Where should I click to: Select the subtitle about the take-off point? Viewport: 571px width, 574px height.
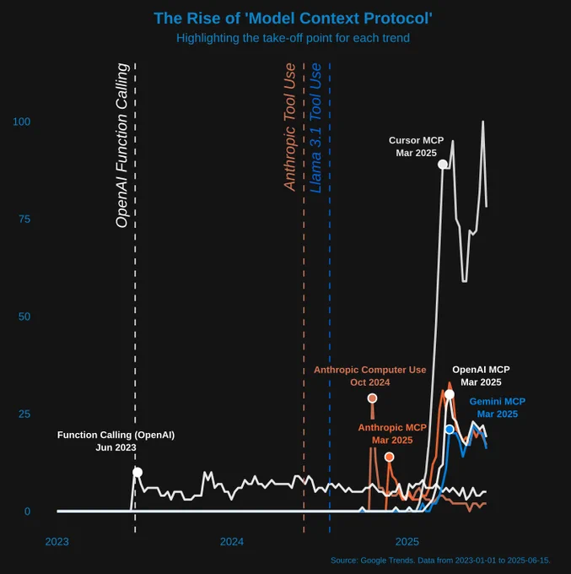pyautogui.click(x=294, y=38)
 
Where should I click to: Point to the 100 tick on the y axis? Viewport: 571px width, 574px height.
pyautogui.click(x=22, y=122)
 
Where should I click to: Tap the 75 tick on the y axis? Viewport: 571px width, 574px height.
pyautogui.click(x=24, y=219)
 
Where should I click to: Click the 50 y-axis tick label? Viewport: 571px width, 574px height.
pyautogui.click(x=24, y=317)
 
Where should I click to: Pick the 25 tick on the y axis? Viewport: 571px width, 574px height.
pyautogui.click(x=24, y=414)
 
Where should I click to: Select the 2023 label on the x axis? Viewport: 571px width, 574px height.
pyautogui.click(x=57, y=541)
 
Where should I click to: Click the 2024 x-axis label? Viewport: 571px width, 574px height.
pyautogui.click(x=231, y=541)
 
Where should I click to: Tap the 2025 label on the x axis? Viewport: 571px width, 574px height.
pyautogui.click(x=407, y=541)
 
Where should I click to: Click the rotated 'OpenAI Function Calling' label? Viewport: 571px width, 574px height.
pyautogui.click(x=121, y=145)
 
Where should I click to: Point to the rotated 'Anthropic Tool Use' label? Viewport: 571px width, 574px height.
pyautogui.click(x=289, y=127)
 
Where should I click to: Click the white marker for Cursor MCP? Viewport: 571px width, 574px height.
pyautogui.click(x=443, y=164)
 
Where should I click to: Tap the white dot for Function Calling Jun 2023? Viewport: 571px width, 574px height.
pyautogui.click(x=137, y=472)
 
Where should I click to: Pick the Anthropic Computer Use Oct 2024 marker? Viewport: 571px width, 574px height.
pyautogui.click(x=372, y=398)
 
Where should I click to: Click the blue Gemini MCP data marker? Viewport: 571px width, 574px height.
pyautogui.click(x=450, y=430)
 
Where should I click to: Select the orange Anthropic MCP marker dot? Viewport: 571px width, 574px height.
pyautogui.click(x=389, y=457)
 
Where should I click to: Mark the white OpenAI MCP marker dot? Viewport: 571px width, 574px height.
pyautogui.click(x=450, y=394)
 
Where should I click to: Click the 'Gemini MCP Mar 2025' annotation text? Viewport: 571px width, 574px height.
pyautogui.click(x=497, y=408)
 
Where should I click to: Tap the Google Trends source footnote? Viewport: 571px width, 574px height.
pyautogui.click(x=440, y=560)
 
